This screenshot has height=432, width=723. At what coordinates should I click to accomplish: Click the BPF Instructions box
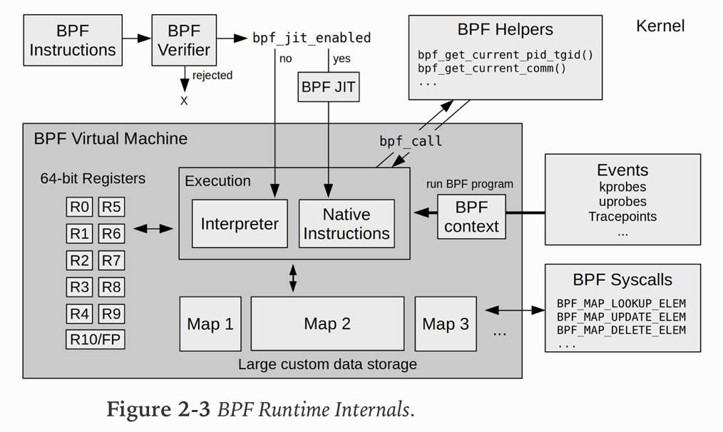point(73,41)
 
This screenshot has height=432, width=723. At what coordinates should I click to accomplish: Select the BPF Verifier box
point(184,41)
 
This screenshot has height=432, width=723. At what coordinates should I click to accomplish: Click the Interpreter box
point(240,224)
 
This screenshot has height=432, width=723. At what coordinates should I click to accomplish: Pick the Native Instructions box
point(347,224)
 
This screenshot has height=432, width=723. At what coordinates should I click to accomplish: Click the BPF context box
point(471,217)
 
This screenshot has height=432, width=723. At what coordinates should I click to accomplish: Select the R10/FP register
point(96,339)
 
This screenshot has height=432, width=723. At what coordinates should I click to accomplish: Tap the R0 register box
point(80,207)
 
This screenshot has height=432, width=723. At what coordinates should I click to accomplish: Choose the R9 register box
point(111,313)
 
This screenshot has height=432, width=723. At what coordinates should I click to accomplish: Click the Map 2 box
point(327,324)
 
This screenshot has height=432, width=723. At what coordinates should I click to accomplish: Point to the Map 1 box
point(210,324)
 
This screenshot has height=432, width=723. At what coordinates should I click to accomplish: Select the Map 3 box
point(446,324)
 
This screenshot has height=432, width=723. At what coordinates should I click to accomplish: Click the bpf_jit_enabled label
point(312,38)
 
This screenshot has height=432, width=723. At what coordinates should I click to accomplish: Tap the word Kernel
point(660,26)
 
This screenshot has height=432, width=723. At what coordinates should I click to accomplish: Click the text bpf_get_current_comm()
point(492,68)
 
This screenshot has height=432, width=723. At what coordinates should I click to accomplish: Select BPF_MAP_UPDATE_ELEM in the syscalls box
point(621,317)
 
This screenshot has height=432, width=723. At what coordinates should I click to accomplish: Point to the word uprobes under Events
point(622,202)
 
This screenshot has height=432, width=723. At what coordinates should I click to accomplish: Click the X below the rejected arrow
point(184,101)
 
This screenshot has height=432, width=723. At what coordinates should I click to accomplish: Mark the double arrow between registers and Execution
point(154,229)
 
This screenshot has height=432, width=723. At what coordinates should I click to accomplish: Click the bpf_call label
point(411,141)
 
